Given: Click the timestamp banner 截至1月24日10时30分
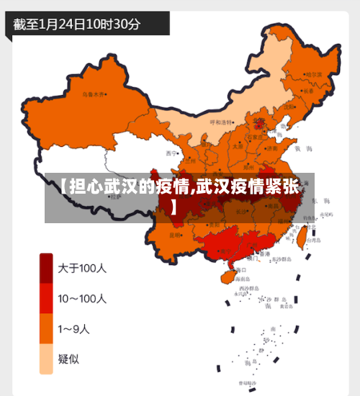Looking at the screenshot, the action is point(78,23).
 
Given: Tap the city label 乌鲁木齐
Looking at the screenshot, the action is point(92,94).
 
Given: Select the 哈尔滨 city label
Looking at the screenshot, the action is point(314,74).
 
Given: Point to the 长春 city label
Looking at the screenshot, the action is point(309,91).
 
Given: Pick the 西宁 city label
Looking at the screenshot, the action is point(170,153).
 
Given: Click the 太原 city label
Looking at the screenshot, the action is point(238,145).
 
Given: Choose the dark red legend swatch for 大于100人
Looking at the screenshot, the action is point(46,269).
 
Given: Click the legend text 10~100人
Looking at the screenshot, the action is point(82,298).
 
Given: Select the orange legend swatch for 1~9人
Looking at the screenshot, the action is point(46,329).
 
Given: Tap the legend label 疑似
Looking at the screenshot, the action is point(69,358).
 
